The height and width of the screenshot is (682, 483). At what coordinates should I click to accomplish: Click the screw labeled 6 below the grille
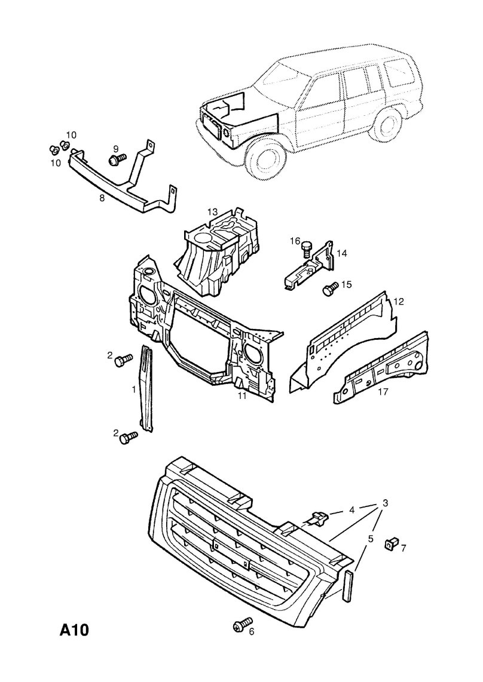coord(239,625)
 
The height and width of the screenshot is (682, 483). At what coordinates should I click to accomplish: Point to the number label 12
coord(399,302)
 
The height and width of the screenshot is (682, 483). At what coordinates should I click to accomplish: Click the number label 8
coord(102,198)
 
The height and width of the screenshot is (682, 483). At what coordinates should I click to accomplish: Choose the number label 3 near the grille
coord(386,503)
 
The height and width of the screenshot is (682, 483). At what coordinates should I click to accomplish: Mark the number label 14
coord(341,253)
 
